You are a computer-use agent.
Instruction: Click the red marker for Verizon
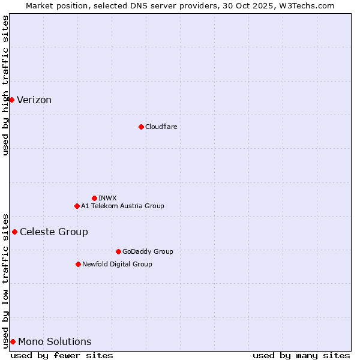click(11, 100)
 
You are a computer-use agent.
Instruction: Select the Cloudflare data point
click(141, 127)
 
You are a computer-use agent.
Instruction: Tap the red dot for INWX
click(94, 198)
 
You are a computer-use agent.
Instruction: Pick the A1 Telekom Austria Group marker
click(77, 206)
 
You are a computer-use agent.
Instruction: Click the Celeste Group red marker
click(14, 232)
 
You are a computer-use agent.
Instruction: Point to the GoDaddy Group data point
click(118, 251)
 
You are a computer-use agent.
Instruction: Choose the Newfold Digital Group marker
click(78, 264)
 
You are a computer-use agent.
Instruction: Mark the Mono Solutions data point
click(13, 341)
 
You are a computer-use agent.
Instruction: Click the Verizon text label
click(34, 100)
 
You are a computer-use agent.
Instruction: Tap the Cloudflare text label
click(161, 127)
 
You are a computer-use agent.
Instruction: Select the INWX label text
click(107, 198)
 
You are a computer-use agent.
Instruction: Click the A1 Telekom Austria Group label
click(122, 206)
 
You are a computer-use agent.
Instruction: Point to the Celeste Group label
click(54, 232)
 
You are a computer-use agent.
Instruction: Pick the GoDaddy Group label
click(148, 251)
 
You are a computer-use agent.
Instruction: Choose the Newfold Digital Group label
click(117, 264)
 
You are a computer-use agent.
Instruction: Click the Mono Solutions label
click(55, 342)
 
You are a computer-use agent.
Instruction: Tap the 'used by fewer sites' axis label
click(62, 355)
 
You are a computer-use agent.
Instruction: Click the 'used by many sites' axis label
click(301, 355)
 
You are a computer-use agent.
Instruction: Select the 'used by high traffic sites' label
click(6, 85)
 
